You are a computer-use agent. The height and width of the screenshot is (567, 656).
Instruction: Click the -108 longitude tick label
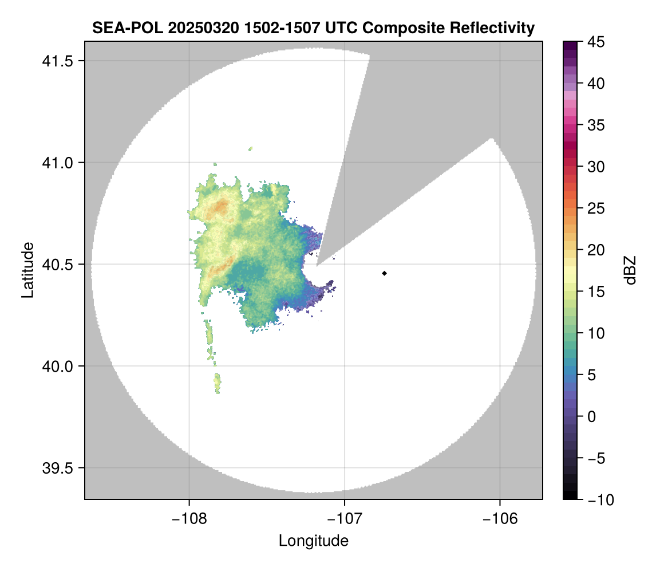tap(188, 519)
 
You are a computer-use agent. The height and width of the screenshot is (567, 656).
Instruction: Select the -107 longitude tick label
tap(345, 519)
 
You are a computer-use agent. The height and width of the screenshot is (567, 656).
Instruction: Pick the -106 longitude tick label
tap(500, 519)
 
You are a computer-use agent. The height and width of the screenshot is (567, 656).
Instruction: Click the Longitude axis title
tap(313, 541)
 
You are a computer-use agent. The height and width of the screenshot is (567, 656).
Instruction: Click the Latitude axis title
tap(27, 270)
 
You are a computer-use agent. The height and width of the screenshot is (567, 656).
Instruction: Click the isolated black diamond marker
tap(384, 273)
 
